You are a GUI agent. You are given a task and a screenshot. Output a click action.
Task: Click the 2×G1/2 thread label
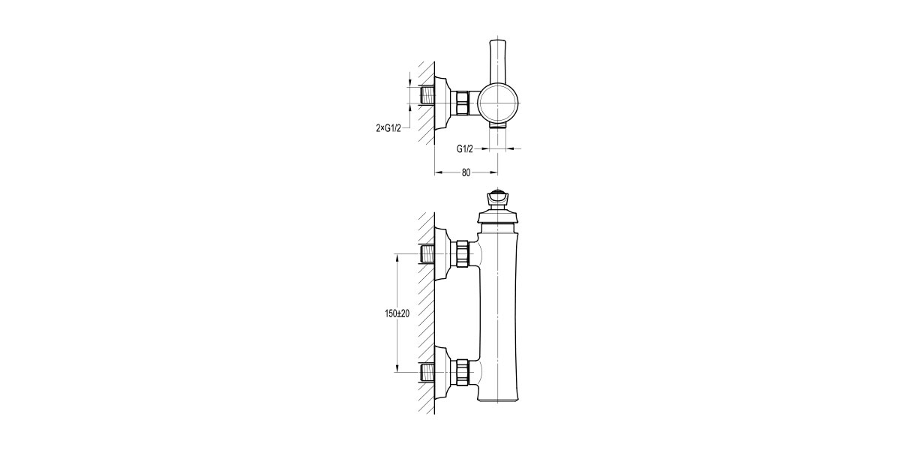pos(388,128)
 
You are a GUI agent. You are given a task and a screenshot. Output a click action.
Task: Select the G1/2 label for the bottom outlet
pos(465,148)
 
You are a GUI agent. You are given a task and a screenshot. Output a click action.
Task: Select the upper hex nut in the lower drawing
pos(463,253)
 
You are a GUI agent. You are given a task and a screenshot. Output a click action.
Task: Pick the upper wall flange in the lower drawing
pos(443,253)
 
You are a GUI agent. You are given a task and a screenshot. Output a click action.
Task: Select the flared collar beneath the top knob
pos(496,217)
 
